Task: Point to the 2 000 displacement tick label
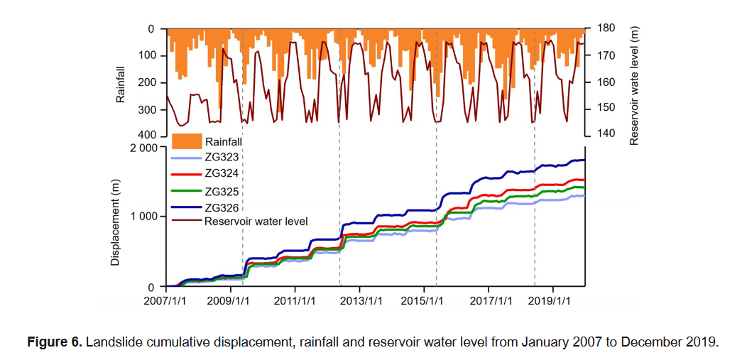(142, 148)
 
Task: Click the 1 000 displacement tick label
(142, 217)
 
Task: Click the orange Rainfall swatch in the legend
(187, 141)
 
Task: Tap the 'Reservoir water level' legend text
(256, 221)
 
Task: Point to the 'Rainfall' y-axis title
(121, 83)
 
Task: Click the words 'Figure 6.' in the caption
(54, 342)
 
